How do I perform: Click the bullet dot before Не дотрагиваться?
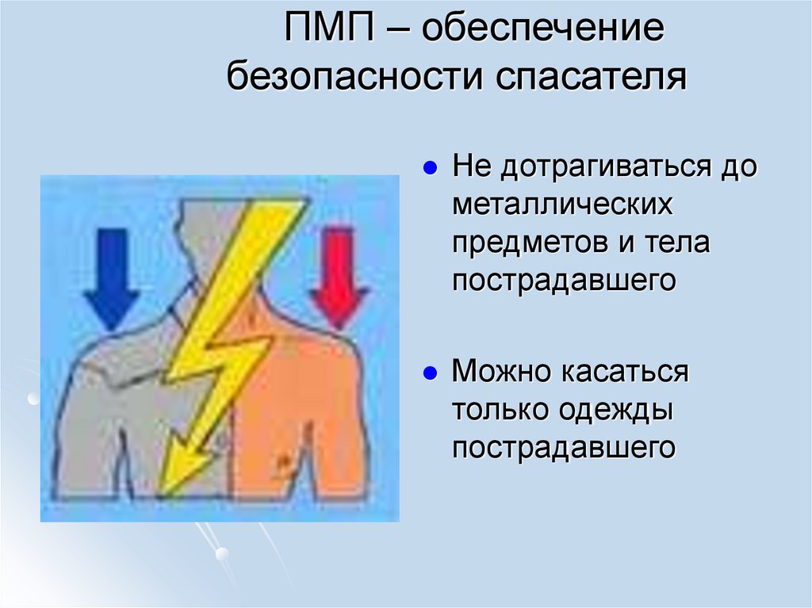[x=429, y=169]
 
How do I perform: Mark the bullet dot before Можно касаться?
[x=429, y=373]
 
